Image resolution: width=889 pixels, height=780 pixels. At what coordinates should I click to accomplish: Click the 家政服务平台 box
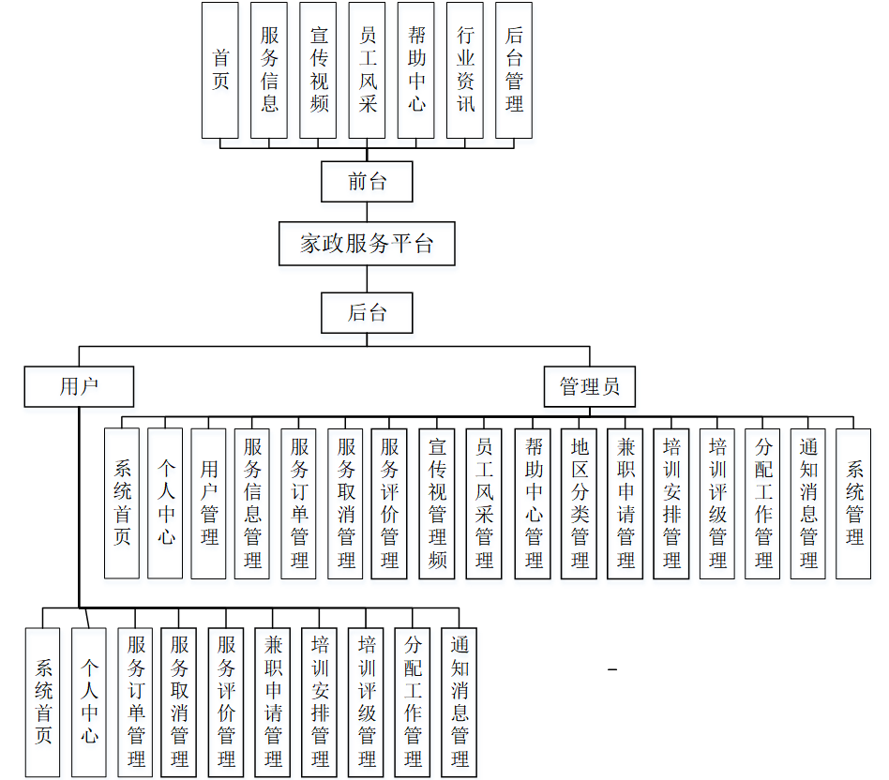tap(367, 244)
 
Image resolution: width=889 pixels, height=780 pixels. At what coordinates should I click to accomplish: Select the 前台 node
tap(367, 181)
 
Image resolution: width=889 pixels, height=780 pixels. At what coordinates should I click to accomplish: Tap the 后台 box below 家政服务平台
tap(367, 312)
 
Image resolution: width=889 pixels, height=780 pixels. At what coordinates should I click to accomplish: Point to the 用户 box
tap(79, 386)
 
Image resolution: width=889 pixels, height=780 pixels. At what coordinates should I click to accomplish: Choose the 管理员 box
tap(590, 386)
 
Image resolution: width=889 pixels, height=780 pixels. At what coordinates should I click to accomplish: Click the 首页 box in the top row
tap(220, 70)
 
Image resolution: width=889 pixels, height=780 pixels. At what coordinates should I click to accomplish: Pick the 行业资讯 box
tap(465, 70)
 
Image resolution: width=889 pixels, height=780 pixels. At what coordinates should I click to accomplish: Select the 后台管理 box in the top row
tap(514, 70)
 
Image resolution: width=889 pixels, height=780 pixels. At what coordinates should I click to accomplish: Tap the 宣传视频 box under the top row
tap(319, 70)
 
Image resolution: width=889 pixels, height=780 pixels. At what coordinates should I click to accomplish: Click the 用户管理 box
tap(209, 502)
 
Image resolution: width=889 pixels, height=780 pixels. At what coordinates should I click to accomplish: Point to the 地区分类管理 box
tap(580, 502)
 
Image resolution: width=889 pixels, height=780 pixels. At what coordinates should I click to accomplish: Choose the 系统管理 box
tap(854, 502)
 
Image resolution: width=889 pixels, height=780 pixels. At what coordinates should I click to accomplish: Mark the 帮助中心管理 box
tap(534, 502)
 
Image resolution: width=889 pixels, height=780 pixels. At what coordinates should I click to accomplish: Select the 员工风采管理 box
tap(484, 502)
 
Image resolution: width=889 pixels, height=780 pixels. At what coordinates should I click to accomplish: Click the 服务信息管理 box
tap(252, 502)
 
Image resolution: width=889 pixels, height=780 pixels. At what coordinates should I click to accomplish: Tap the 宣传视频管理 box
tap(437, 502)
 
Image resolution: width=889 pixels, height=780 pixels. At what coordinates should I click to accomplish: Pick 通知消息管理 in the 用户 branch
tap(460, 701)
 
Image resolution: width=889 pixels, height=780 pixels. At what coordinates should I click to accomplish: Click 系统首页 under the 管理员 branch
tap(122, 502)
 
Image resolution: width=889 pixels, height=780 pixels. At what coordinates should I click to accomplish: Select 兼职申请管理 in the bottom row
tap(273, 701)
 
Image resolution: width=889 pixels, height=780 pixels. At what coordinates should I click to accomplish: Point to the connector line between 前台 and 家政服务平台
tap(367, 212)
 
